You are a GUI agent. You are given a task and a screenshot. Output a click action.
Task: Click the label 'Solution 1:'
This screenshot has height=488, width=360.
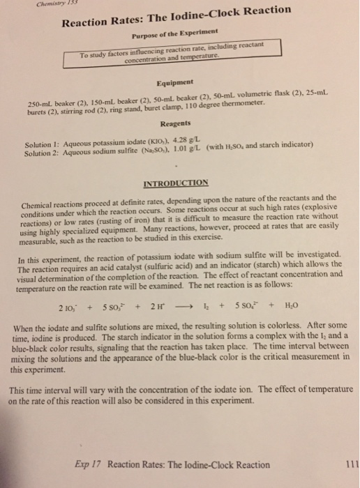click(x=40, y=142)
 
